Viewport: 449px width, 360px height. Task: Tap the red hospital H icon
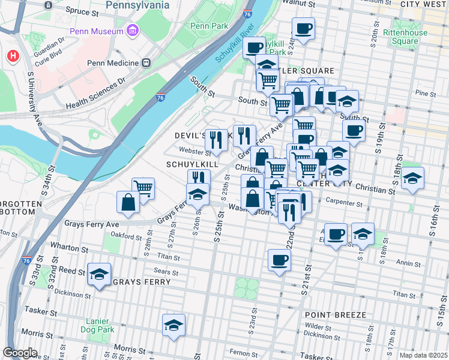[13, 56]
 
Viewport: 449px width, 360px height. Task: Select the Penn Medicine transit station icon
[145, 62]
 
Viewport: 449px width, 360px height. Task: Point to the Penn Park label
[206, 26]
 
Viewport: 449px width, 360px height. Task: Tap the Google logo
[20, 353]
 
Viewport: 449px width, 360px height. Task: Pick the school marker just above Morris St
[174, 325]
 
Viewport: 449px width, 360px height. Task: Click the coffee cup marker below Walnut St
[303, 28]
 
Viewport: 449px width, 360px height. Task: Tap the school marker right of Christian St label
[412, 178]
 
